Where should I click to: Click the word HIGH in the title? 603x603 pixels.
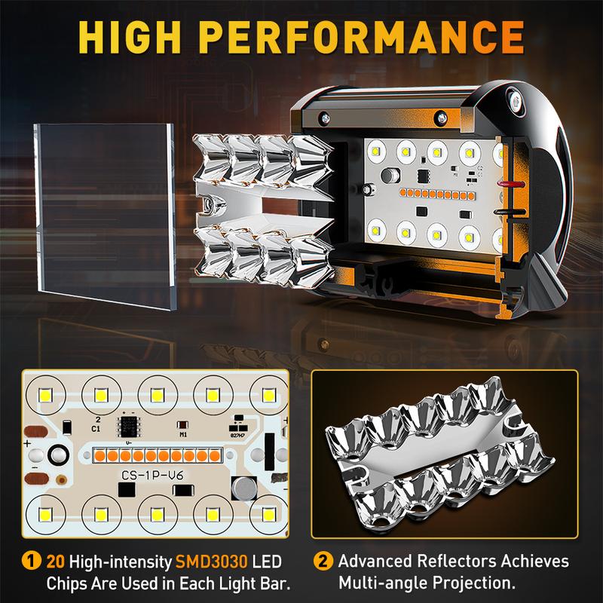coord(130,37)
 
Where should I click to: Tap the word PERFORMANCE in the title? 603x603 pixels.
coord(363,37)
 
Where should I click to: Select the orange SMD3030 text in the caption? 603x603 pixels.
coord(211,562)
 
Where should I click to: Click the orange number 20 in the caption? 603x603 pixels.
coord(55,562)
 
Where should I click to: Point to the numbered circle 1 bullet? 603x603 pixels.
coord(31,561)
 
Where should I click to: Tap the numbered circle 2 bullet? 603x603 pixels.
coord(323,561)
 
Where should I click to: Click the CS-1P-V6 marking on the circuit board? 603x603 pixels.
coord(152,476)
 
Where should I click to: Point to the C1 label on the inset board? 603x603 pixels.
coord(96,428)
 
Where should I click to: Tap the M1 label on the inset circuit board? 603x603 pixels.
coord(183,435)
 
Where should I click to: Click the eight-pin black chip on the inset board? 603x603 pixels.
coord(128,426)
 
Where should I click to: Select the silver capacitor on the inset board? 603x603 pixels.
coord(244,488)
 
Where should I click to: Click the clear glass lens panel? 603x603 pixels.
coord(105,216)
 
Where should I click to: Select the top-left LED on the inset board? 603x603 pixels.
coord(46,395)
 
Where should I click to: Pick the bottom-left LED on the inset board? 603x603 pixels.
coord(46,515)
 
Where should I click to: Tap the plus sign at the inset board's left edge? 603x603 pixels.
coord(27,444)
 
